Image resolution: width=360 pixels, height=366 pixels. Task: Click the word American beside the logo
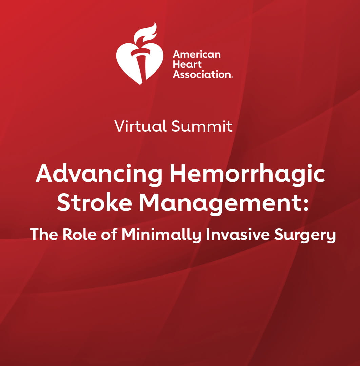(197, 54)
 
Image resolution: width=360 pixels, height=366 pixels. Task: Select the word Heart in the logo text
(187, 64)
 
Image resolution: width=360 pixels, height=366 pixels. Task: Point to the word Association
(201, 75)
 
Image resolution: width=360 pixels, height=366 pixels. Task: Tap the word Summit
(202, 126)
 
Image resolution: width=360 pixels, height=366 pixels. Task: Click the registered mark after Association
(232, 77)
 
